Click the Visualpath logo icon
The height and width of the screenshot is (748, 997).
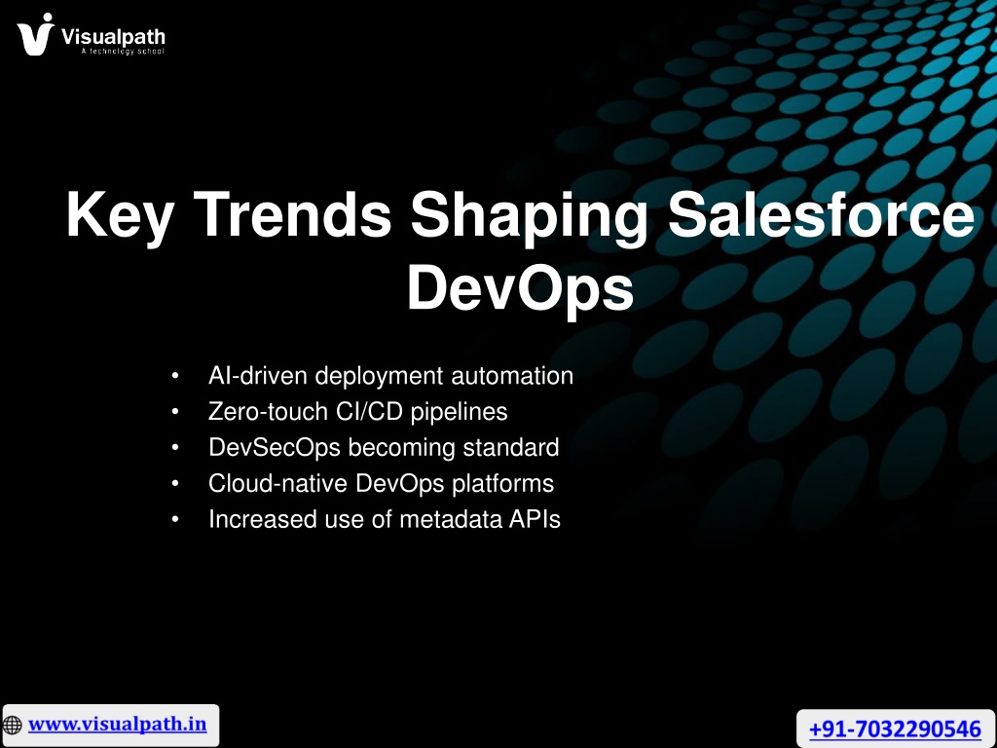pyautogui.click(x=36, y=34)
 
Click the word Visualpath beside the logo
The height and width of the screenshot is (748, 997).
pyautogui.click(x=113, y=37)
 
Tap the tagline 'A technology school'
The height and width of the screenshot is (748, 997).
pyautogui.click(x=123, y=51)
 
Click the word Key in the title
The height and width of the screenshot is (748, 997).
pyautogui.click(x=120, y=215)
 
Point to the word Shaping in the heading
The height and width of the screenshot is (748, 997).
pyautogui.click(x=529, y=216)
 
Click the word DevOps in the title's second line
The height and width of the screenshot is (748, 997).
pyautogui.click(x=520, y=288)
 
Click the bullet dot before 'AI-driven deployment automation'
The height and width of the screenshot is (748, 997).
pyautogui.click(x=175, y=377)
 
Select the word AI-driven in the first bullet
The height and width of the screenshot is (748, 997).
pyautogui.click(x=258, y=375)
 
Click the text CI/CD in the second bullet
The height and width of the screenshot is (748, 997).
pyautogui.click(x=369, y=412)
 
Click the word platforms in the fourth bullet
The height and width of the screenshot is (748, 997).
pyautogui.click(x=503, y=484)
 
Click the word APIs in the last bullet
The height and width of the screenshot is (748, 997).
pyautogui.click(x=535, y=519)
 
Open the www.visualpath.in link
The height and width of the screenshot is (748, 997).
pyautogui.click(x=118, y=725)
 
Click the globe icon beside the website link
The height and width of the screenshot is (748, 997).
pyautogui.click(x=12, y=725)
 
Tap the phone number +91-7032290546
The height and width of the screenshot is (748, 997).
pyautogui.click(x=896, y=729)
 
